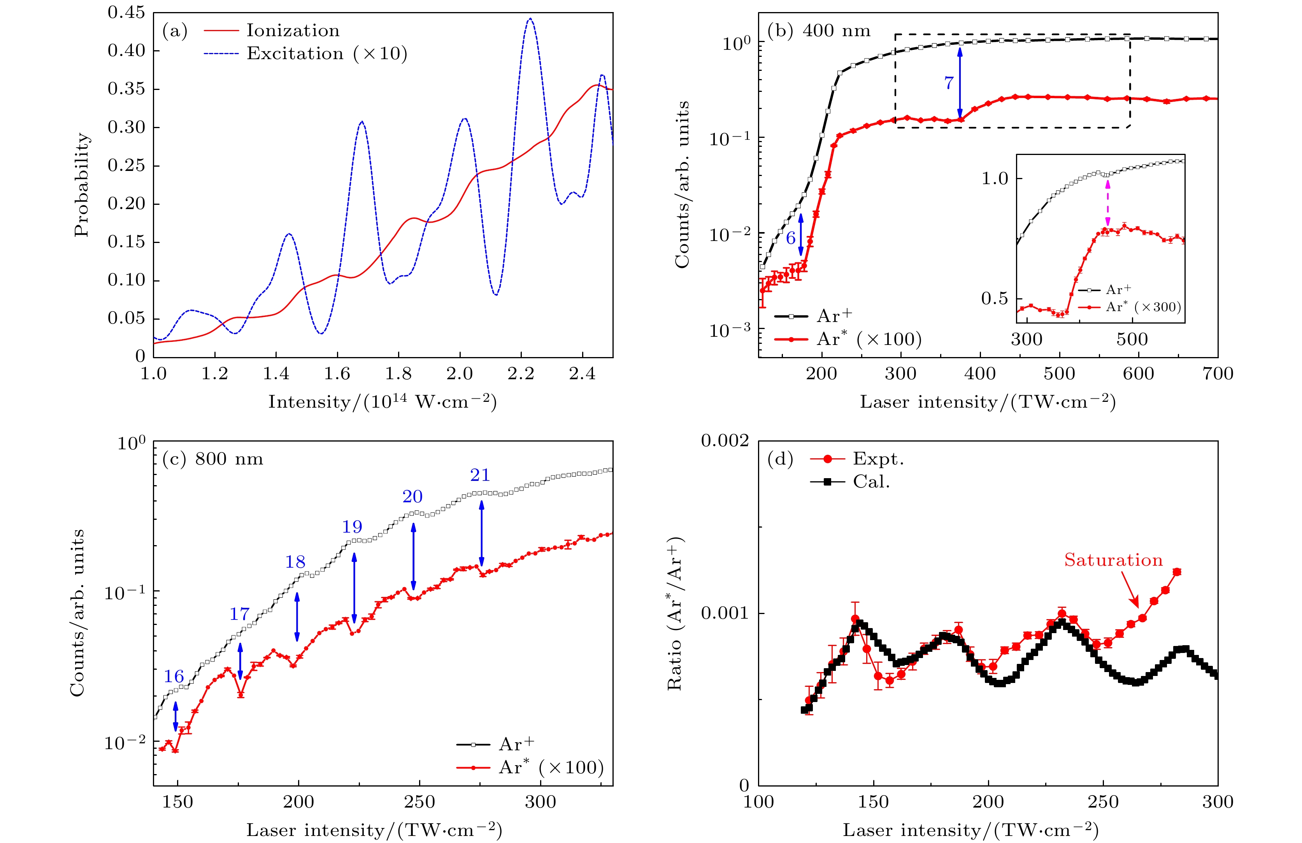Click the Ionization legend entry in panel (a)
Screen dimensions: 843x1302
point(293,31)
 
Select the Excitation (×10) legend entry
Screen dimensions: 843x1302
point(326,54)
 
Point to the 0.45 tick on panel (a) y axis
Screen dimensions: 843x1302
point(126,12)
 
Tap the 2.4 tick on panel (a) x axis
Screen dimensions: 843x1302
point(582,374)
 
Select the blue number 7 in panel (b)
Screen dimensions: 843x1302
point(949,83)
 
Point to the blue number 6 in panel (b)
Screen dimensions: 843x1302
point(791,238)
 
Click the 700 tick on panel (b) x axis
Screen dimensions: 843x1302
point(1218,374)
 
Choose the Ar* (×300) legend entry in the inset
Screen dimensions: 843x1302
point(1143,307)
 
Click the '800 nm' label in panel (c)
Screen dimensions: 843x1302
point(229,459)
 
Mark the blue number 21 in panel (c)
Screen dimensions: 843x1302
point(480,475)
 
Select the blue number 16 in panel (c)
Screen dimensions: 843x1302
point(174,677)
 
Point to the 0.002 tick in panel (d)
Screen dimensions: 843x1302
point(725,441)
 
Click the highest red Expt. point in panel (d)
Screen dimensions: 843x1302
point(1177,572)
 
